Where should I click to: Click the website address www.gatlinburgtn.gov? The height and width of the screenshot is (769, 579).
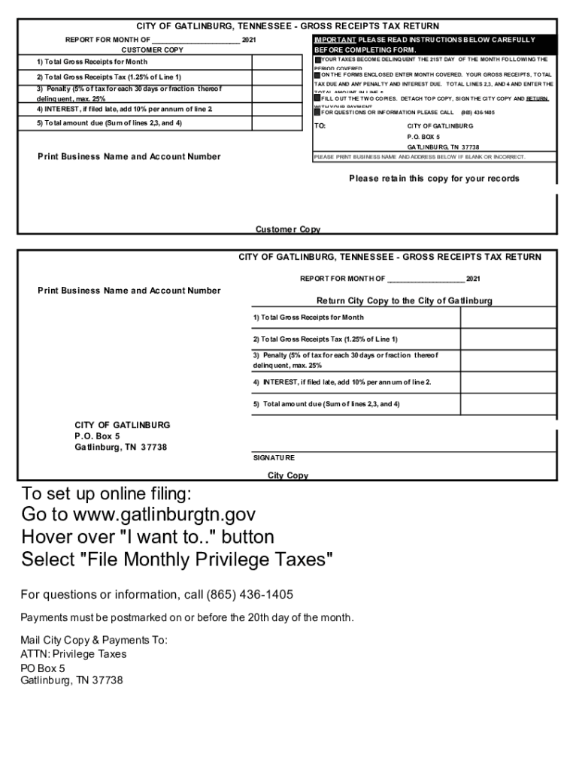pyautogui.click(x=164, y=515)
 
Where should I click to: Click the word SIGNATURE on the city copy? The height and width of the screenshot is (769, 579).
pyautogui.click(x=274, y=457)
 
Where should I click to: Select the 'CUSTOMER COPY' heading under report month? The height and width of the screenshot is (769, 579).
pyautogui.click(x=153, y=50)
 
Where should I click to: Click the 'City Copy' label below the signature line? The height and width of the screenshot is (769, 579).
pyautogui.click(x=288, y=475)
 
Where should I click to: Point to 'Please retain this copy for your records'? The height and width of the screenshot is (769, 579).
pyautogui.click(x=434, y=179)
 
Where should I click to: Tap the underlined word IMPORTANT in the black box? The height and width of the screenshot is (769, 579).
pyautogui.click(x=335, y=40)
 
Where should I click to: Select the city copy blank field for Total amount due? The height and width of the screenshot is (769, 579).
pyautogui.click(x=508, y=404)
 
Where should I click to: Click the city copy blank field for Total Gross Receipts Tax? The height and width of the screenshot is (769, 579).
pyautogui.click(x=508, y=339)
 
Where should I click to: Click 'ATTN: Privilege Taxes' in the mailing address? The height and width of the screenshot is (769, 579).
pyautogui.click(x=74, y=654)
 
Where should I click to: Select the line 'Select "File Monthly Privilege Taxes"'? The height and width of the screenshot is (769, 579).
pyautogui.click(x=177, y=559)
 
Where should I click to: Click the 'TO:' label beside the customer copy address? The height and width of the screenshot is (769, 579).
pyautogui.click(x=320, y=125)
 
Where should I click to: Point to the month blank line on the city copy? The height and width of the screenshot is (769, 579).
pyautogui.click(x=426, y=279)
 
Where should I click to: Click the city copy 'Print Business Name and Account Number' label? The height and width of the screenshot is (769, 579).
pyautogui.click(x=129, y=291)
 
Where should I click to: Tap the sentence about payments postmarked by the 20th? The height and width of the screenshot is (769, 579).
pyautogui.click(x=186, y=618)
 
